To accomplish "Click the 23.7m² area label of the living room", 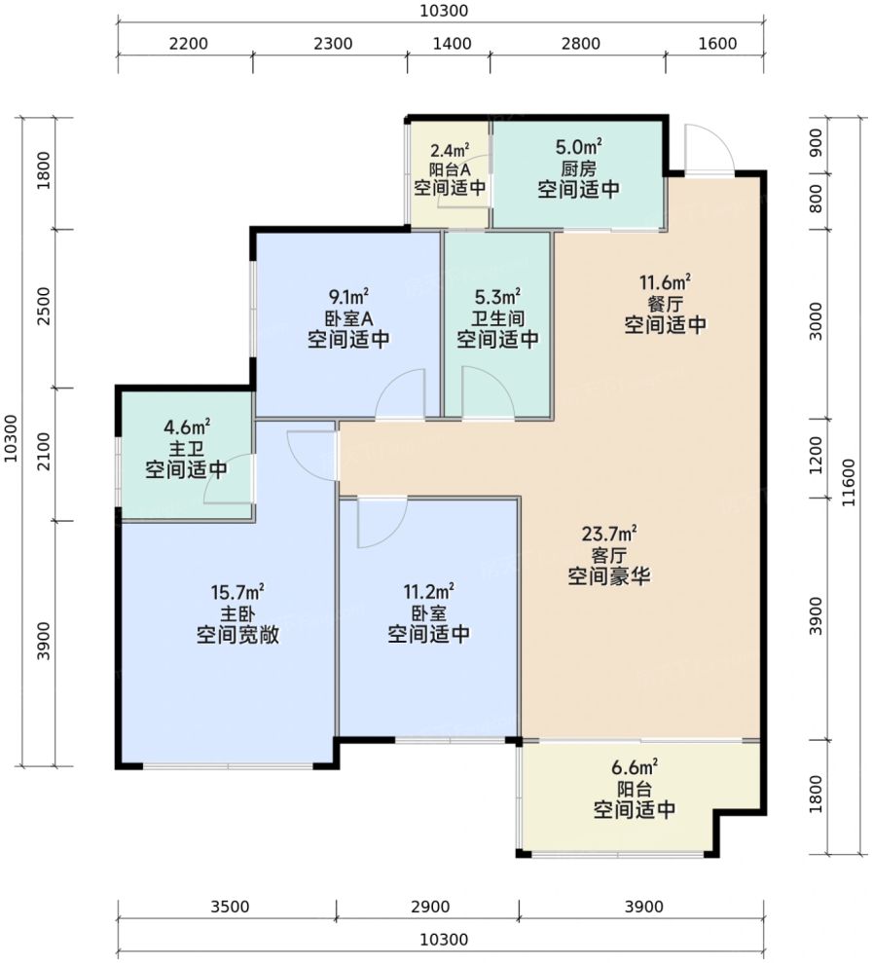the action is tap(608, 533).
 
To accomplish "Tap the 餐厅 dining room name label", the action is tap(666, 304).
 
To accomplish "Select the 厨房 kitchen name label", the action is tap(579, 168).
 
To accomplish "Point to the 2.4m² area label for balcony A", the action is tap(450, 151).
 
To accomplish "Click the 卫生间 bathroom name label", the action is tap(497, 318).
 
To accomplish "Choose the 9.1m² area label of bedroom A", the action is tap(348, 297).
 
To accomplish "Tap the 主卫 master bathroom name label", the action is tap(186, 448).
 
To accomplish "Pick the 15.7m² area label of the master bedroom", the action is tap(237, 593).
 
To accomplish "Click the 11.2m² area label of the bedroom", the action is tap(428, 592).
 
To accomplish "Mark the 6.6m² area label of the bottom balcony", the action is tap(635, 767).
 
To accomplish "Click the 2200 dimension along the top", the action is tap(189, 44).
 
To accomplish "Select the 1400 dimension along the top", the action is tap(453, 44).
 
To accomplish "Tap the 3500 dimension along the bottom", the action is tap(230, 907).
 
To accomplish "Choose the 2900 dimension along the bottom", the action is tap(430, 907).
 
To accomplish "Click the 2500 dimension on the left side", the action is tap(44, 307).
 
